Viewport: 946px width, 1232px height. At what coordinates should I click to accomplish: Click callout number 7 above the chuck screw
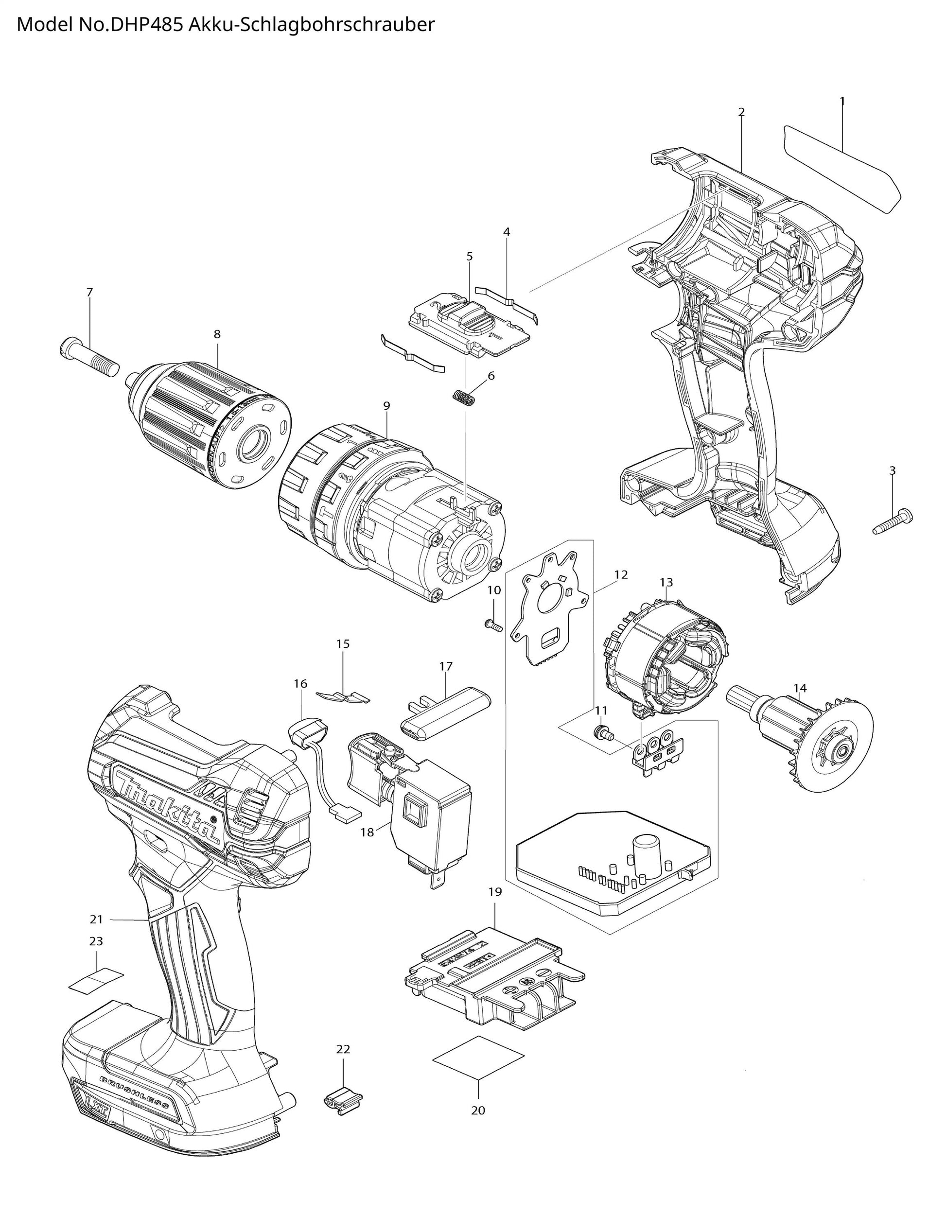coord(89,292)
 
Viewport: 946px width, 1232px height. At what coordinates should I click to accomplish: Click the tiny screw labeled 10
coord(493,624)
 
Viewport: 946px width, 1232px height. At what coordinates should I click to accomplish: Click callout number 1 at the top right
coord(842,101)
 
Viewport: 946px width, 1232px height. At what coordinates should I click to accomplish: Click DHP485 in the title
coord(146,25)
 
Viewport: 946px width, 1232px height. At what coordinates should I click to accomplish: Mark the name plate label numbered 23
coord(96,980)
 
